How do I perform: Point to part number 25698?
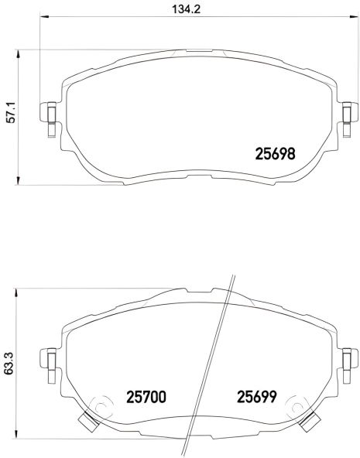click(x=276, y=154)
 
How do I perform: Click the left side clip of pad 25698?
click(x=50, y=114)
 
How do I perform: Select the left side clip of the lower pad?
click(x=50, y=360)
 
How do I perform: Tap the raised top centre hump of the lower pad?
click(x=186, y=296)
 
